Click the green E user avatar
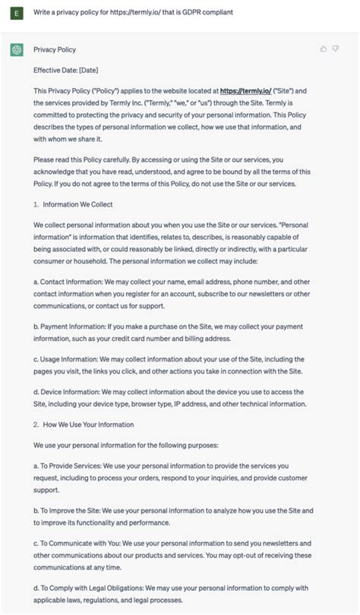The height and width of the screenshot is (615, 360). tap(16, 13)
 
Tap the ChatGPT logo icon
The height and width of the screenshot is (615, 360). tap(16, 50)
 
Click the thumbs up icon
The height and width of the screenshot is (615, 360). tap(324, 49)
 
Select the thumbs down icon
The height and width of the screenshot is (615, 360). tap(336, 49)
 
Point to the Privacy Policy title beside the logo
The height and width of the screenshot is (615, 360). tap(55, 50)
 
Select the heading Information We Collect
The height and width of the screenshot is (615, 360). tap(77, 204)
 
